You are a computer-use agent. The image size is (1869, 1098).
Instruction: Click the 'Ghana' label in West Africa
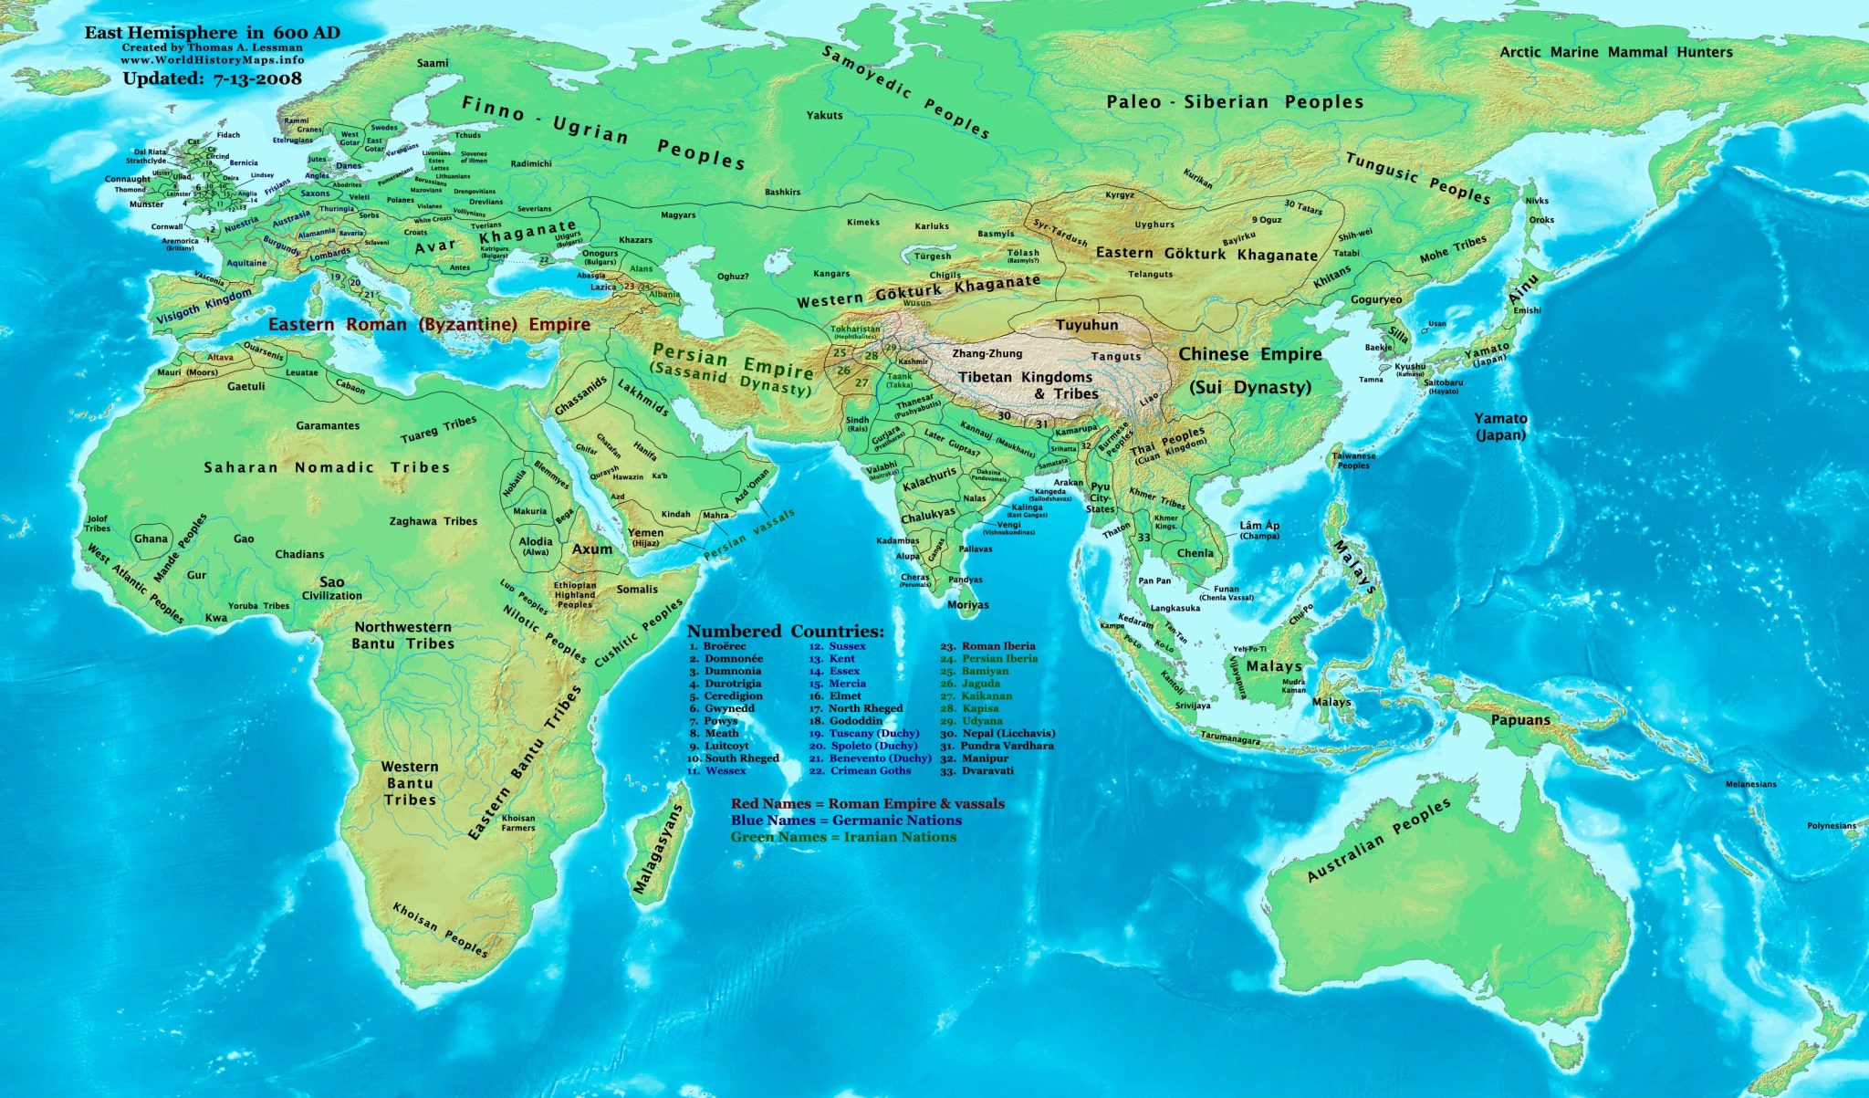click(151, 539)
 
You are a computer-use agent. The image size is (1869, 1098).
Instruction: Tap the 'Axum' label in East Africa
click(591, 549)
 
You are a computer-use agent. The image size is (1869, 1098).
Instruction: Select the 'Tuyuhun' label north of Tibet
click(1086, 325)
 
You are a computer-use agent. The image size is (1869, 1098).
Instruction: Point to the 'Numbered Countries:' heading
click(785, 631)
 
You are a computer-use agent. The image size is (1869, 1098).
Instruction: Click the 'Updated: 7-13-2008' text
click(212, 78)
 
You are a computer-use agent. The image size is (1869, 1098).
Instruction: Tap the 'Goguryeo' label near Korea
click(1375, 299)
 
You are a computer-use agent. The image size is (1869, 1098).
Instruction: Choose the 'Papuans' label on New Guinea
click(1520, 720)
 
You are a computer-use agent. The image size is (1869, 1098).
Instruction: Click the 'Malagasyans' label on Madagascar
click(657, 849)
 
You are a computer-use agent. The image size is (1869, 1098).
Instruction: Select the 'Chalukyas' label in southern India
click(928, 517)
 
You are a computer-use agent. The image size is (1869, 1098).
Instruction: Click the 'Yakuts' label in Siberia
click(824, 115)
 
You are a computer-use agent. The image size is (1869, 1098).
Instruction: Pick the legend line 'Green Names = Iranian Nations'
click(843, 837)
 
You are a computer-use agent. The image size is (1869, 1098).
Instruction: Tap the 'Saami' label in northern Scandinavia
click(433, 63)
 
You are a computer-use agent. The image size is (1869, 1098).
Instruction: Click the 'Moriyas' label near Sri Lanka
click(967, 605)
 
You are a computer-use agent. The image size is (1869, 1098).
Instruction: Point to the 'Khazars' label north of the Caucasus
click(635, 240)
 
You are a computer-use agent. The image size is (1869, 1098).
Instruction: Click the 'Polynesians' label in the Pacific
click(1831, 826)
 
